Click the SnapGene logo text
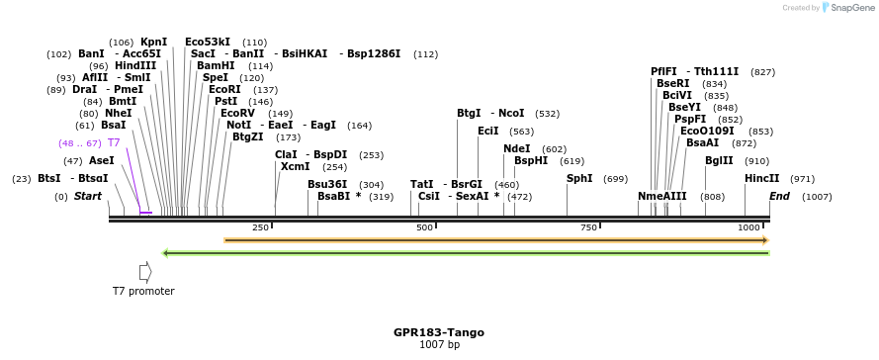[850, 8]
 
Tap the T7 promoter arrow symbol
[144, 271]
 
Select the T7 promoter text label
[143, 291]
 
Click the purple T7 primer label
[114, 143]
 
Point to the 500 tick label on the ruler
[425, 227]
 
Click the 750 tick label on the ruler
[589, 227]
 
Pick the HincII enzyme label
[761, 179]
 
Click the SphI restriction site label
[579, 179]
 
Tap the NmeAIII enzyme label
[661, 197]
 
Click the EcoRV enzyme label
[237, 113]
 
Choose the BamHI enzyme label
[216, 65]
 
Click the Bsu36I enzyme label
[327, 185]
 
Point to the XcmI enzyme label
[295, 167]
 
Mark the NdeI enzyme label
[517, 149]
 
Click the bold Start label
[88, 197]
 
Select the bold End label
[780, 197]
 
